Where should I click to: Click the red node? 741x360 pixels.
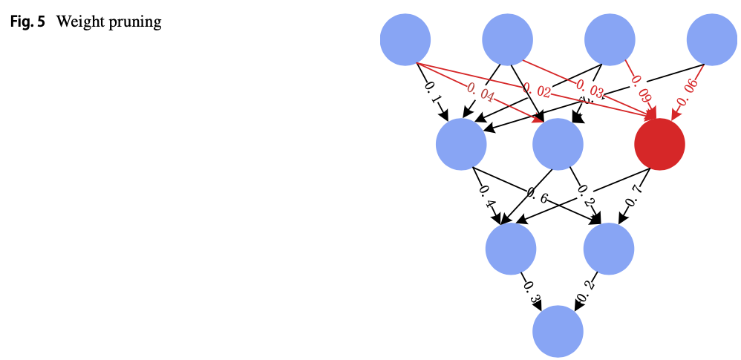click(659, 145)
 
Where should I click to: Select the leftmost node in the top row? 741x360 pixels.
click(405, 40)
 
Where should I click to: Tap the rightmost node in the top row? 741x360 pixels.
click(712, 40)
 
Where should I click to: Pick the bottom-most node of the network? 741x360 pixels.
click(558, 331)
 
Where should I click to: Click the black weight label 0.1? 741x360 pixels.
click(431, 92)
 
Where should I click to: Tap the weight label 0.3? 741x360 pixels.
click(530, 290)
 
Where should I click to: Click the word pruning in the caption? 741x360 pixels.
click(136, 22)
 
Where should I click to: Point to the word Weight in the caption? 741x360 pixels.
click(78, 22)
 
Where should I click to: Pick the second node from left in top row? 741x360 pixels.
click(508, 40)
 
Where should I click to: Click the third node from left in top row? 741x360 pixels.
click(610, 40)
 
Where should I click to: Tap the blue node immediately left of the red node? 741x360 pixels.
click(558, 145)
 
